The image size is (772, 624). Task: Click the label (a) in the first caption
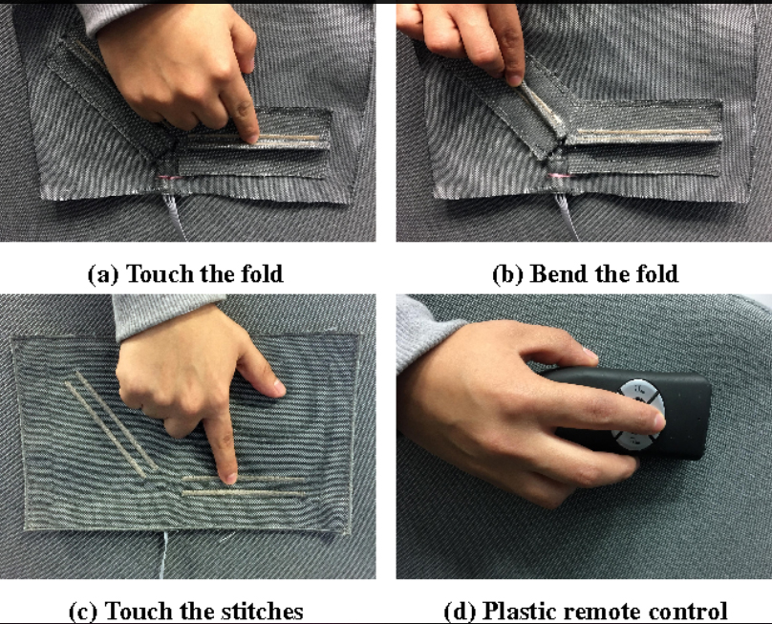click(x=103, y=274)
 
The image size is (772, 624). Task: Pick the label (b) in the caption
click(x=507, y=274)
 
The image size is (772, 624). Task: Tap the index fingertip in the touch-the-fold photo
click(x=251, y=137)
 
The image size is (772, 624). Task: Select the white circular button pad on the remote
click(x=638, y=415)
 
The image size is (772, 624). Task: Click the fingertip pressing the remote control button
click(x=657, y=420)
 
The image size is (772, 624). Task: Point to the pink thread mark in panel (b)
click(x=558, y=175)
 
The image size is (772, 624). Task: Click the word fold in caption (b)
click(x=655, y=274)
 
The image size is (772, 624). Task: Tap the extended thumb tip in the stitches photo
click(x=277, y=388)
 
